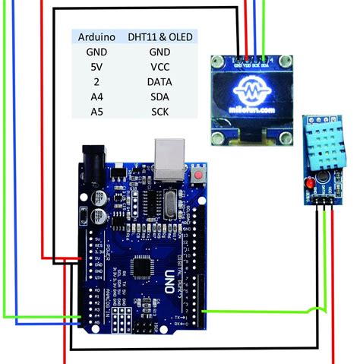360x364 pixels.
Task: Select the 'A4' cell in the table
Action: [96, 97]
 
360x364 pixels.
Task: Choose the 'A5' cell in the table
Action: [96, 112]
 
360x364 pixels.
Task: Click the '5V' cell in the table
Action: [96, 66]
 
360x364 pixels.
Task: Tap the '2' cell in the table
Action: [96, 81]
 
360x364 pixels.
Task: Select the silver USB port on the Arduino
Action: [169, 157]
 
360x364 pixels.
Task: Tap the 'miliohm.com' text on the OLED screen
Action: [251, 110]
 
